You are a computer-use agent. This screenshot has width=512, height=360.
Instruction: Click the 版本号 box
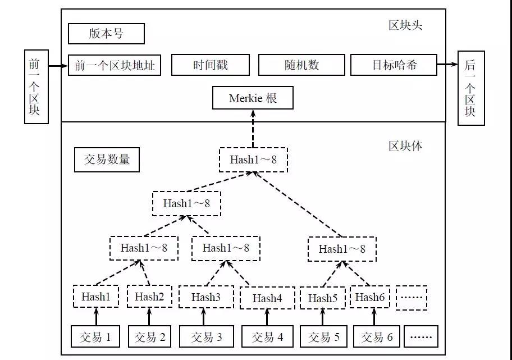click(106, 34)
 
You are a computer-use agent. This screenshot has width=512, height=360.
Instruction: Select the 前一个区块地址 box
click(115, 65)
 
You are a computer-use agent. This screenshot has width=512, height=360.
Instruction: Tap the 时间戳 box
click(211, 65)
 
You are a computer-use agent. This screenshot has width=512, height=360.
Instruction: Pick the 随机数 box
click(301, 65)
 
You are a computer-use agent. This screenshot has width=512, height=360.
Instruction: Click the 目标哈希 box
click(394, 65)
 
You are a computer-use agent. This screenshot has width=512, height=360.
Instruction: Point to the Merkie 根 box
click(253, 98)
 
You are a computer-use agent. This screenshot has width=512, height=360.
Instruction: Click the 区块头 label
click(405, 25)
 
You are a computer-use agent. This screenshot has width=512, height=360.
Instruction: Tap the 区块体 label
click(405, 145)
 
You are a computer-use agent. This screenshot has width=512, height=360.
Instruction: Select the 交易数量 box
click(107, 160)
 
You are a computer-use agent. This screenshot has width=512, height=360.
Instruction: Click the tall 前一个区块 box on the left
click(36, 86)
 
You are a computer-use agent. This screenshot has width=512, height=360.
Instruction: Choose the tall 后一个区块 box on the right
click(471, 88)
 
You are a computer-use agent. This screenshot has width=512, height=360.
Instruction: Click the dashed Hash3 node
click(206, 297)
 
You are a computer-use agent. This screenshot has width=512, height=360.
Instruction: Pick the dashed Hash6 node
click(369, 297)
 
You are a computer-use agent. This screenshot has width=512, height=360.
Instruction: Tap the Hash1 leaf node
click(95, 297)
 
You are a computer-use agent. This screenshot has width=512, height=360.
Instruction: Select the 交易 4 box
click(267, 336)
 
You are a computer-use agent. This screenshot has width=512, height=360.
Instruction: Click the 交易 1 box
click(95, 336)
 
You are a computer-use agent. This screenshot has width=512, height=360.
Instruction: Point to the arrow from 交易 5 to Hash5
click(323, 317)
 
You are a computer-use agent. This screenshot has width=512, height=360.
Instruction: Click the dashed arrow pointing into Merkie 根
click(253, 129)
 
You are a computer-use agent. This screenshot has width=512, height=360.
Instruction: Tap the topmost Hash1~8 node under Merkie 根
click(253, 160)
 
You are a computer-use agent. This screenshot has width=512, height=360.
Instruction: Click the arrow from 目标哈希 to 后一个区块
click(447, 65)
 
